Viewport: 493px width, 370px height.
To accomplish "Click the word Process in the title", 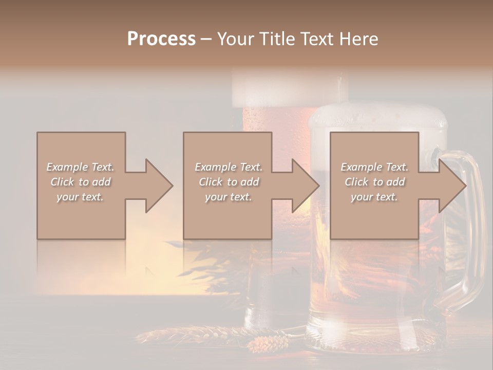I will tap(161, 39).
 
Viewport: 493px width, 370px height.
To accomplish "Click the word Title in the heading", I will tap(275, 39).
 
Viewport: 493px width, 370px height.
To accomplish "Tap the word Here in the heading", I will tap(358, 39).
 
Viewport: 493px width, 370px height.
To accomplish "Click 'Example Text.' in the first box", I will tap(80, 167).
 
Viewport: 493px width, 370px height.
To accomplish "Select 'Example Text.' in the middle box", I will tap(228, 167).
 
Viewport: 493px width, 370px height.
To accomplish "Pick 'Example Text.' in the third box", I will tap(374, 167).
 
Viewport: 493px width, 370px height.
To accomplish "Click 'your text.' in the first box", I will tap(80, 197).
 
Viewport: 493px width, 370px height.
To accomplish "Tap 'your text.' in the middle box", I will tap(228, 197).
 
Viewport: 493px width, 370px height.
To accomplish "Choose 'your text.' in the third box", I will tap(374, 197).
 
